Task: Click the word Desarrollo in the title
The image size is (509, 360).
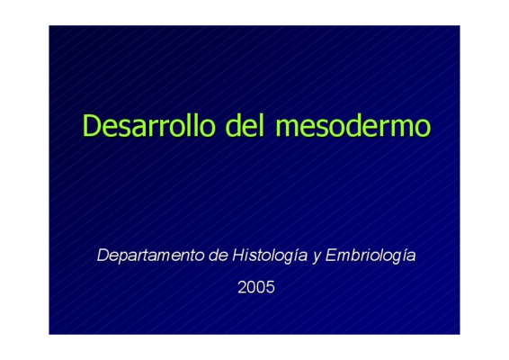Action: point(149,125)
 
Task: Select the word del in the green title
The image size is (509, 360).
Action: point(245,125)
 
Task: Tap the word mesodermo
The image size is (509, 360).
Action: point(353,125)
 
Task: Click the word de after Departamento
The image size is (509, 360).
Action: point(219,256)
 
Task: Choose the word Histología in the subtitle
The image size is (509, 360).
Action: point(270,256)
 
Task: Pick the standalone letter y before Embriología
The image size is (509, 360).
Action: point(317,258)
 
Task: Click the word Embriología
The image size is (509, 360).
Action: point(371,256)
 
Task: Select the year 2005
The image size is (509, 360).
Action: point(256,287)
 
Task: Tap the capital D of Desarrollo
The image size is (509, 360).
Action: point(91,125)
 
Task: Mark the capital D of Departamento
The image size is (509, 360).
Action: point(103,256)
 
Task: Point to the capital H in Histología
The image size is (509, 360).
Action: point(238,256)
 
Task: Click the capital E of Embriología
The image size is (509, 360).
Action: point(331,256)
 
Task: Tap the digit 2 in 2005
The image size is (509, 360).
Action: point(242,287)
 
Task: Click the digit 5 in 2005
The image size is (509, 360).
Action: point(271,287)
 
